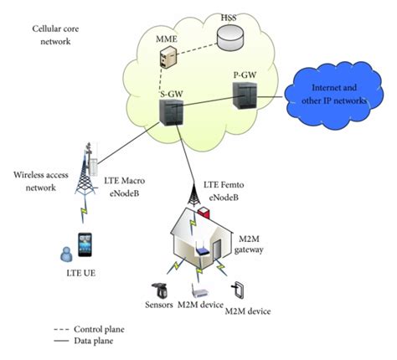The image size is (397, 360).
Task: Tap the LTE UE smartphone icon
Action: (x=85, y=248)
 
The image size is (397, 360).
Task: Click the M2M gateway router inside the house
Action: (x=201, y=249)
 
